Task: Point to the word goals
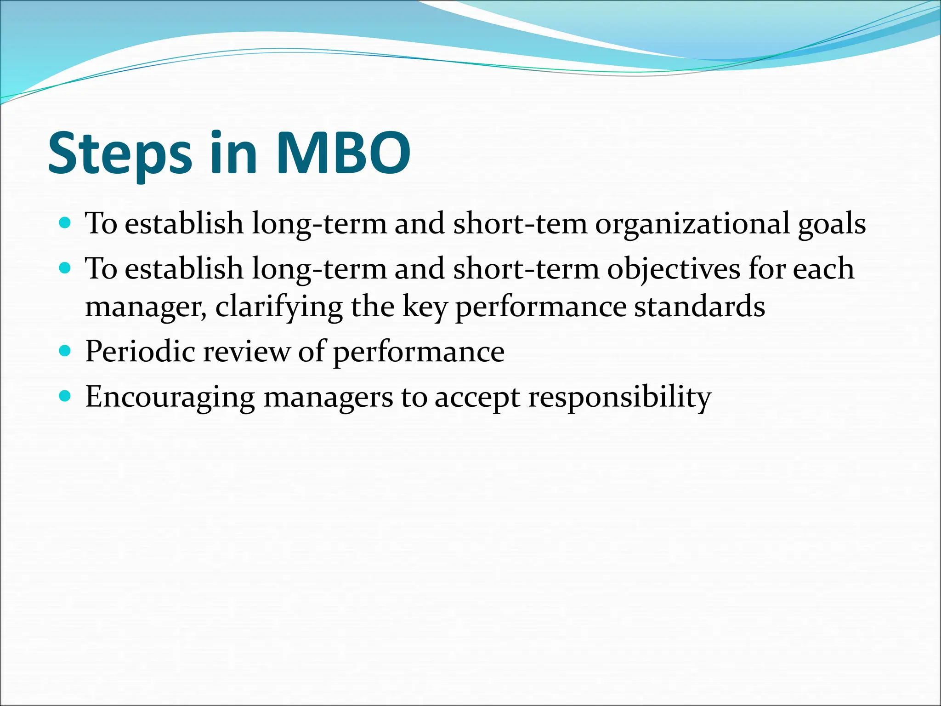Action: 832,224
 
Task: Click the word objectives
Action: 674,269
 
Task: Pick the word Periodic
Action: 140,352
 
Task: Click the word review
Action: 246,352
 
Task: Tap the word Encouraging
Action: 170,397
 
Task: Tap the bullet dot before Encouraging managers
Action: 66,396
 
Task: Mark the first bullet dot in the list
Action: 66,223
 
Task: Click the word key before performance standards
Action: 424,307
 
